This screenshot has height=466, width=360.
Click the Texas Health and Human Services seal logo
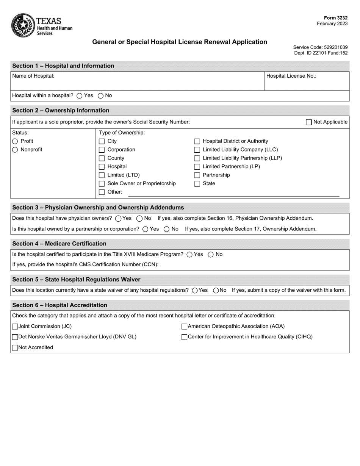tap(23, 25)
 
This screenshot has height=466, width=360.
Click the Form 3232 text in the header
tap(335, 18)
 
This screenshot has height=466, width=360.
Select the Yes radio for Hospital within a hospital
tap(80, 96)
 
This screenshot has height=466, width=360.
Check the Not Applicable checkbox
tap(309, 122)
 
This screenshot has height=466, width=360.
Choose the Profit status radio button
tap(15, 141)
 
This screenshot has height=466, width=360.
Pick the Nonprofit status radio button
tap(15, 150)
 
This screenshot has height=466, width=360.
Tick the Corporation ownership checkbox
tap(102, 150)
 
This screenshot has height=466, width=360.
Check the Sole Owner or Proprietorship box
tap(102, 184)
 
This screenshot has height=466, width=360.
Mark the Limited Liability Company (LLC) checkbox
tap(197, 150)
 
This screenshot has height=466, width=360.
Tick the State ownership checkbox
tap(197, 184)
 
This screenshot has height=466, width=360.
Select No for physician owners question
tap(139, 219)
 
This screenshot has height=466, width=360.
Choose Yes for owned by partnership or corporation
tap(146, 229)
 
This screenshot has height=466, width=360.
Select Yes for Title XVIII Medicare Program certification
tap(189, 255)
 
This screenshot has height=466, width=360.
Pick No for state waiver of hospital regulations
tap(216, 291)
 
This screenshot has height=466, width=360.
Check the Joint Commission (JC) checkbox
tap(15, 327)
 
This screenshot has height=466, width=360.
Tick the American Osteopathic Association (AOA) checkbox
tap(185, 327)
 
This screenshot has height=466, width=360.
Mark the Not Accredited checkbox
tap(15, 348)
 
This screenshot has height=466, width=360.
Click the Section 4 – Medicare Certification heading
tap(59, 244)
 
